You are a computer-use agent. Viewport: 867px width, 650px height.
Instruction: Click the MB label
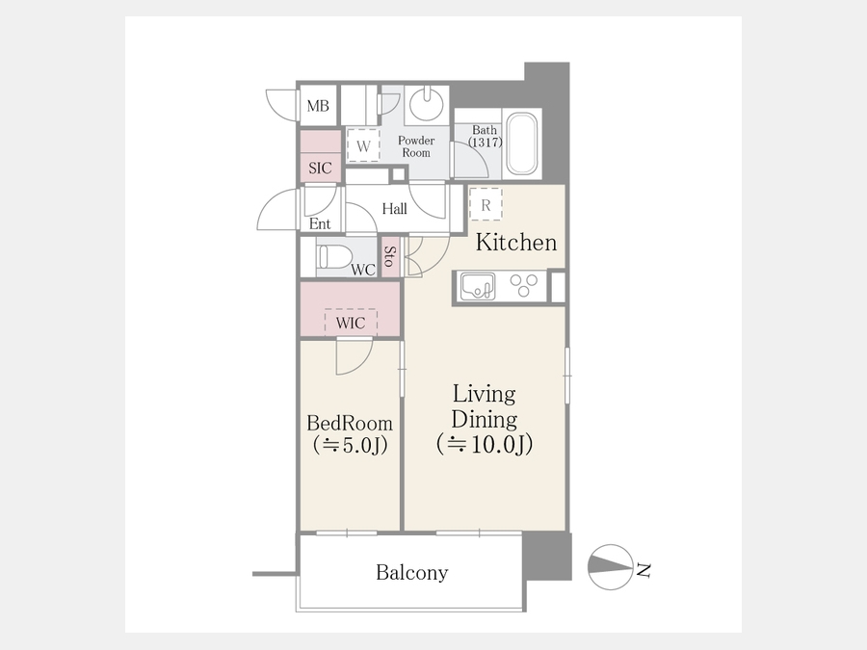coord(318,106)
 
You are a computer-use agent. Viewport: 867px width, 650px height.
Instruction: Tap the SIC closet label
coord(320,168)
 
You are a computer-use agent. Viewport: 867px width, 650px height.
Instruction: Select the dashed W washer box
coord(363,145)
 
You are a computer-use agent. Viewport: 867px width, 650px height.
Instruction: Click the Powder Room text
coord(416,146)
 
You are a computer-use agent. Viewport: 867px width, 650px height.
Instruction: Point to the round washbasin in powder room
coord(427,103)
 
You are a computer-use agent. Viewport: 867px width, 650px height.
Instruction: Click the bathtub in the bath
coord(522,143)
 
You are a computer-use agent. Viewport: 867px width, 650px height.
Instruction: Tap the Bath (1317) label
coord(485,136)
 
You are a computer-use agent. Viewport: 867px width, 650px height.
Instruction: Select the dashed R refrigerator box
coord(486,204)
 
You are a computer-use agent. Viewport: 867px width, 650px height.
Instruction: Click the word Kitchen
coord(516,243)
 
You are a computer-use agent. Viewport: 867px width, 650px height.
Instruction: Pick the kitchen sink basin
coord(478,286)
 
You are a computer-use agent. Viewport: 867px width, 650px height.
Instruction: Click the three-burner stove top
coord(524,286)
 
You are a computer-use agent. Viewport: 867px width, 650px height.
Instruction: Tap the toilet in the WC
coord(335,257)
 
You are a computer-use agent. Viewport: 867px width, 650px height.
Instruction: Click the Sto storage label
coord(390,256)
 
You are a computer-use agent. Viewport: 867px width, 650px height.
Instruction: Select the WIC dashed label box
coord(351,323)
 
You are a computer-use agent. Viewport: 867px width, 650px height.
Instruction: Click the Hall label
coord(394,209)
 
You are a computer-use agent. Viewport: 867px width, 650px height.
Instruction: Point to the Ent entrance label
coord(320,223)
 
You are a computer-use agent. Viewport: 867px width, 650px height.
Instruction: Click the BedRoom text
coord(350,424)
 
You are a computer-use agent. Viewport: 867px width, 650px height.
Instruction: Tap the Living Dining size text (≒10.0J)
coord(485,444)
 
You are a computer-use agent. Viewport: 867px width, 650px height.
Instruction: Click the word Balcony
coord(412,573)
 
